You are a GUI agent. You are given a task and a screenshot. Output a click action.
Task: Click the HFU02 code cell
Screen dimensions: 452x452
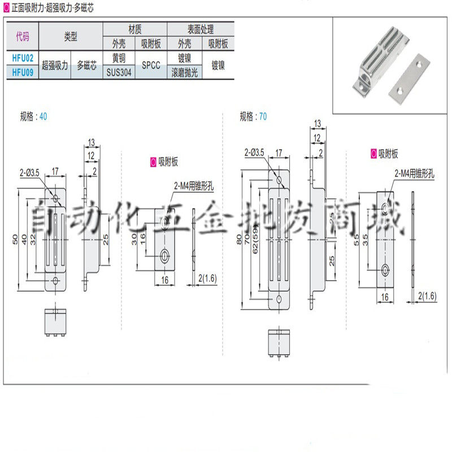tap(22, 58)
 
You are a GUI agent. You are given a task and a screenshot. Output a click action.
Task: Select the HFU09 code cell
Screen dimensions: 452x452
tap(22, 72)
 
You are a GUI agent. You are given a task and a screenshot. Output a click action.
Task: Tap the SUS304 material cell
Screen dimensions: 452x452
tap(119, 72)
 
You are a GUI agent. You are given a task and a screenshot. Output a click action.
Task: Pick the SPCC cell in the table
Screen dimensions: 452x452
tap(151, 65)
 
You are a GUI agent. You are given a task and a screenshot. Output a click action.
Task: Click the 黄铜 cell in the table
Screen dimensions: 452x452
tap(119, 58)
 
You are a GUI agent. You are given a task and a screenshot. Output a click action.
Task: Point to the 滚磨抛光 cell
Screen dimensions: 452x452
tap(185, 72)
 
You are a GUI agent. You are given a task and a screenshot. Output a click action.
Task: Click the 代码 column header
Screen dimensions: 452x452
tap(22, 37)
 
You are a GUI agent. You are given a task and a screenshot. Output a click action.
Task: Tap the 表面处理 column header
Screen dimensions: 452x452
tap(202, 29)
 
